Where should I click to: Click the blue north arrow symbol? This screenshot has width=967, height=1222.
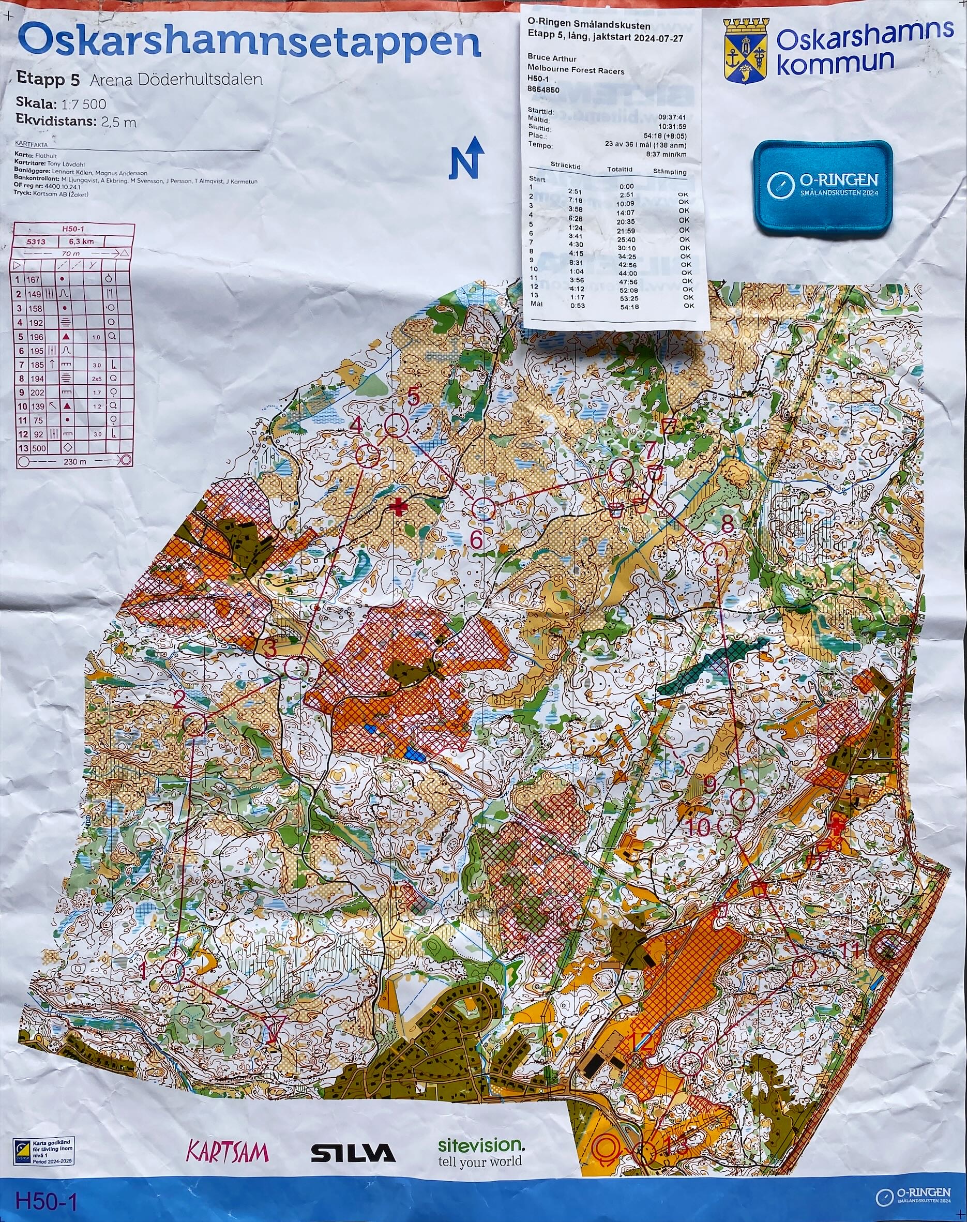467,157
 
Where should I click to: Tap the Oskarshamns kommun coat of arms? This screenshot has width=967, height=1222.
747,51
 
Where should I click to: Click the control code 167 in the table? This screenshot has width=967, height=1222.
34,279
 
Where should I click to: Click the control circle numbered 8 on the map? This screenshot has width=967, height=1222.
715,553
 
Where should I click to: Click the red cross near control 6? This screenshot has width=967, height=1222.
400,507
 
